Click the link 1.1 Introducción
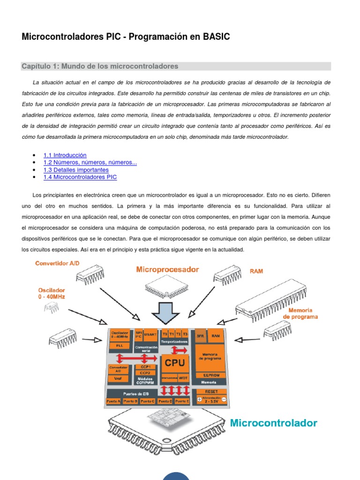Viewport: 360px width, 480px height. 65,155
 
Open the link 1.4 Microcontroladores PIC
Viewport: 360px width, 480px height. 80,177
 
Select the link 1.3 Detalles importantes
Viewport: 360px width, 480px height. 76,170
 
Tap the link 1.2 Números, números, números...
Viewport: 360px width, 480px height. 90,163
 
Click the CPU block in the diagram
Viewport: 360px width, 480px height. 175,362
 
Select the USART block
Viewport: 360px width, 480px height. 151,334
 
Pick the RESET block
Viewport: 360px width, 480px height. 211,391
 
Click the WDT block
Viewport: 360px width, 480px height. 184,377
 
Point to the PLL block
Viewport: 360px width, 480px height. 120,345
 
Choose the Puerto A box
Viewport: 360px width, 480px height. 113,401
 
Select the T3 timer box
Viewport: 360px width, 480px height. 185,334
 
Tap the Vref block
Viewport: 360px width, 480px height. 119,378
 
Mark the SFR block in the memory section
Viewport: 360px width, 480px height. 201,336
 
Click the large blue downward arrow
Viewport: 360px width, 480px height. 167,313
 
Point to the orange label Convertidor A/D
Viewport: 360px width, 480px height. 57,263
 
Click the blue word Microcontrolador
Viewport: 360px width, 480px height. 273,423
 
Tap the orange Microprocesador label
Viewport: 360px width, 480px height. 167,270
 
